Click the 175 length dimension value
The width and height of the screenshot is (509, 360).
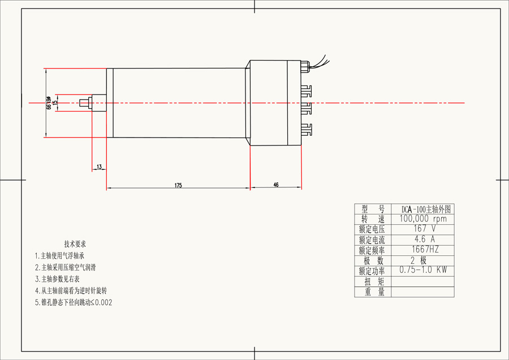tap(178, 185)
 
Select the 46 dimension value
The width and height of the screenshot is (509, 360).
tap(276, 185)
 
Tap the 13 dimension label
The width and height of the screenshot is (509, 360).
tap(100, 167)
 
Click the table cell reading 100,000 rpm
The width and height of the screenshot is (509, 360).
tap(422, 219)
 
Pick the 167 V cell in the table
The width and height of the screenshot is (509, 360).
tap(422, 229)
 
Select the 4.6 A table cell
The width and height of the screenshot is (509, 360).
tap(422, 239)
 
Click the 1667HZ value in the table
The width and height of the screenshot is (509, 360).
tap(422, 250)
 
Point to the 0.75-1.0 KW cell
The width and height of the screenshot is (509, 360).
tap(422, 270)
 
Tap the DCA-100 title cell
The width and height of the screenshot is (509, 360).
tap(422, 209)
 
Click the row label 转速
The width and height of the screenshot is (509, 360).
tap(372, 219)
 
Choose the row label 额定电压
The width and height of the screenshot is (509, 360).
tap(372, 229)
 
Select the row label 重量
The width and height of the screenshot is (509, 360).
tap(372, 292)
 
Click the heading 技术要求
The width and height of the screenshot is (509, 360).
tap(75, 244)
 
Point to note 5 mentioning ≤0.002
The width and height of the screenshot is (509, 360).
tap(74, 302)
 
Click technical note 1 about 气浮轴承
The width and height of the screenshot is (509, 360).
tap(63, 256)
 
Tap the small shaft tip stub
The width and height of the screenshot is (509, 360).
tap(84, 102)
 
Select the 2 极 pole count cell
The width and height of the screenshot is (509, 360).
tap(422, 260)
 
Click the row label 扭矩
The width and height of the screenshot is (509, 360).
tap(372, 281)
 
